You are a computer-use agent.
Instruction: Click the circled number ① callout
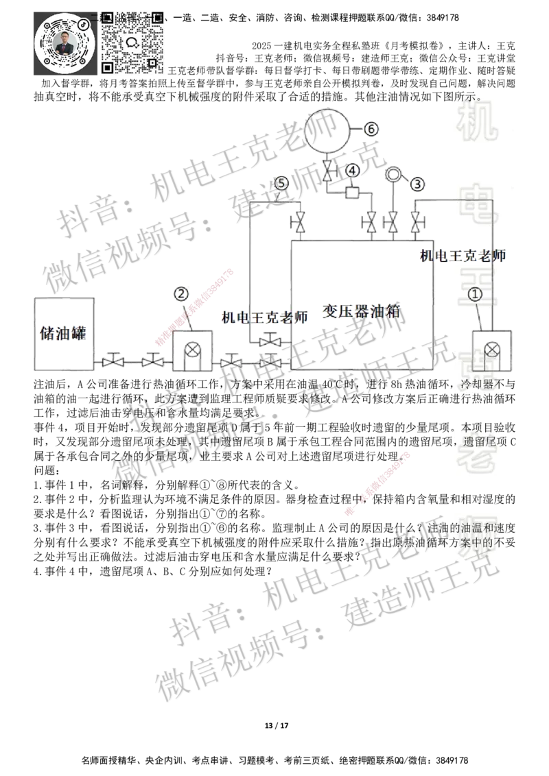(476, 293)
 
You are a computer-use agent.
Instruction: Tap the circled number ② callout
(180, 293)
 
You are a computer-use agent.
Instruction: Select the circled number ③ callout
(418, 183)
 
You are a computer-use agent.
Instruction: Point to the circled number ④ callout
(352, 169)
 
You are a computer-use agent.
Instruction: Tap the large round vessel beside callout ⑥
(327, 130)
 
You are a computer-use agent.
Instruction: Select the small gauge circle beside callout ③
(394, 174)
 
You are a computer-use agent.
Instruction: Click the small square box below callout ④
(352, 193)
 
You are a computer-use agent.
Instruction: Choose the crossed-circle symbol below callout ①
(491, 350)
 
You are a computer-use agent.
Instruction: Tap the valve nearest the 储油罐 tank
(111, 360)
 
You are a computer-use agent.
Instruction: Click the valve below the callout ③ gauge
(393, 222)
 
